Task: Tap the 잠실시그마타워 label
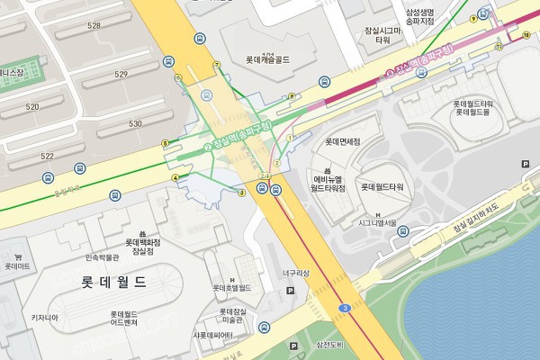[x=382, y=35]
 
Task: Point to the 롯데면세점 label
[x=342, y=141]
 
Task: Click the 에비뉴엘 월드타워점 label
[x=328, y=183]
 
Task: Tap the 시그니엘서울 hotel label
[x=377, y=222]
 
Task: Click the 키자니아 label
[x=45, y=317]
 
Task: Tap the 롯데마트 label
[x=16, y=266]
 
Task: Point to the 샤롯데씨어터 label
[x=212, y=336]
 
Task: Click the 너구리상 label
[x=295, y=273]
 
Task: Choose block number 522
[x=48, y=156]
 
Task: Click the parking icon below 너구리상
[x=290, y=292]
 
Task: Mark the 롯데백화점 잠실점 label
[x=142, y=247]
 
